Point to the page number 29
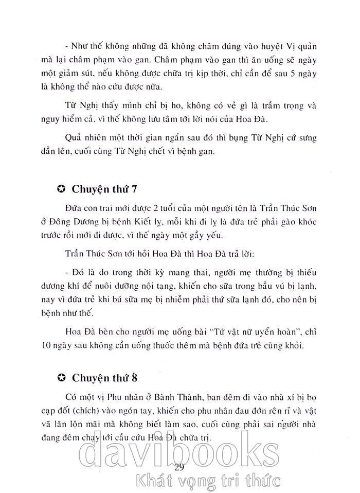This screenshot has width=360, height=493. (x=179, y=467)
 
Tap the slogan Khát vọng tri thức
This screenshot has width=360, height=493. (x=206, y=481)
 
